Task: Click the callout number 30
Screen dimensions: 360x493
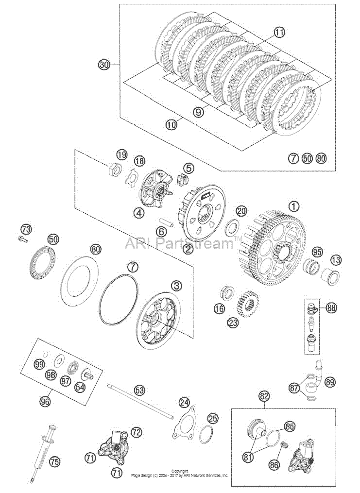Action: (x=104, y=65)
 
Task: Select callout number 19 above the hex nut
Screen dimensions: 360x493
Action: (x=122, y=154)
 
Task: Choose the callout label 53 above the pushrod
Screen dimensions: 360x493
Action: (x=139, y=391)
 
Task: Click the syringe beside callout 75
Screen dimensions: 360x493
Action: (x=45, y=453)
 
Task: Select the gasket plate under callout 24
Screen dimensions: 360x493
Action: (x=186, y=422)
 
